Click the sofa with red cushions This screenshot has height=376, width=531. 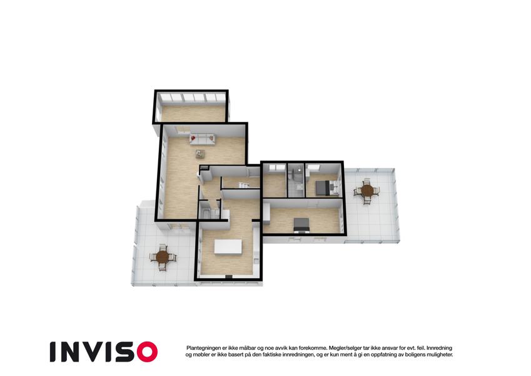[x=203, y=139]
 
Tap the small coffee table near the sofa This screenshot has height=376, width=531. [x=200, y=154]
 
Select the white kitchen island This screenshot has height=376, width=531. [x=228, y=246]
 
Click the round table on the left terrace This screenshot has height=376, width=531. [x=163, y=257]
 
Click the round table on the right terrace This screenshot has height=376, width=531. [x=367, y=191]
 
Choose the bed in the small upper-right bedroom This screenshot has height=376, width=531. [x=323, y=187]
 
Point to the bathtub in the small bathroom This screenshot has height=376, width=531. [x=206, y=214]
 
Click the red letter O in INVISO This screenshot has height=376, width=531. [x=147, y=352]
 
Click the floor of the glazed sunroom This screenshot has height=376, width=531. [x=193, y=113]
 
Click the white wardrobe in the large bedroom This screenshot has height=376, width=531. [x=266, y=214]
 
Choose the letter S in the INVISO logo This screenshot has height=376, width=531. [x=126, y=352]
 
